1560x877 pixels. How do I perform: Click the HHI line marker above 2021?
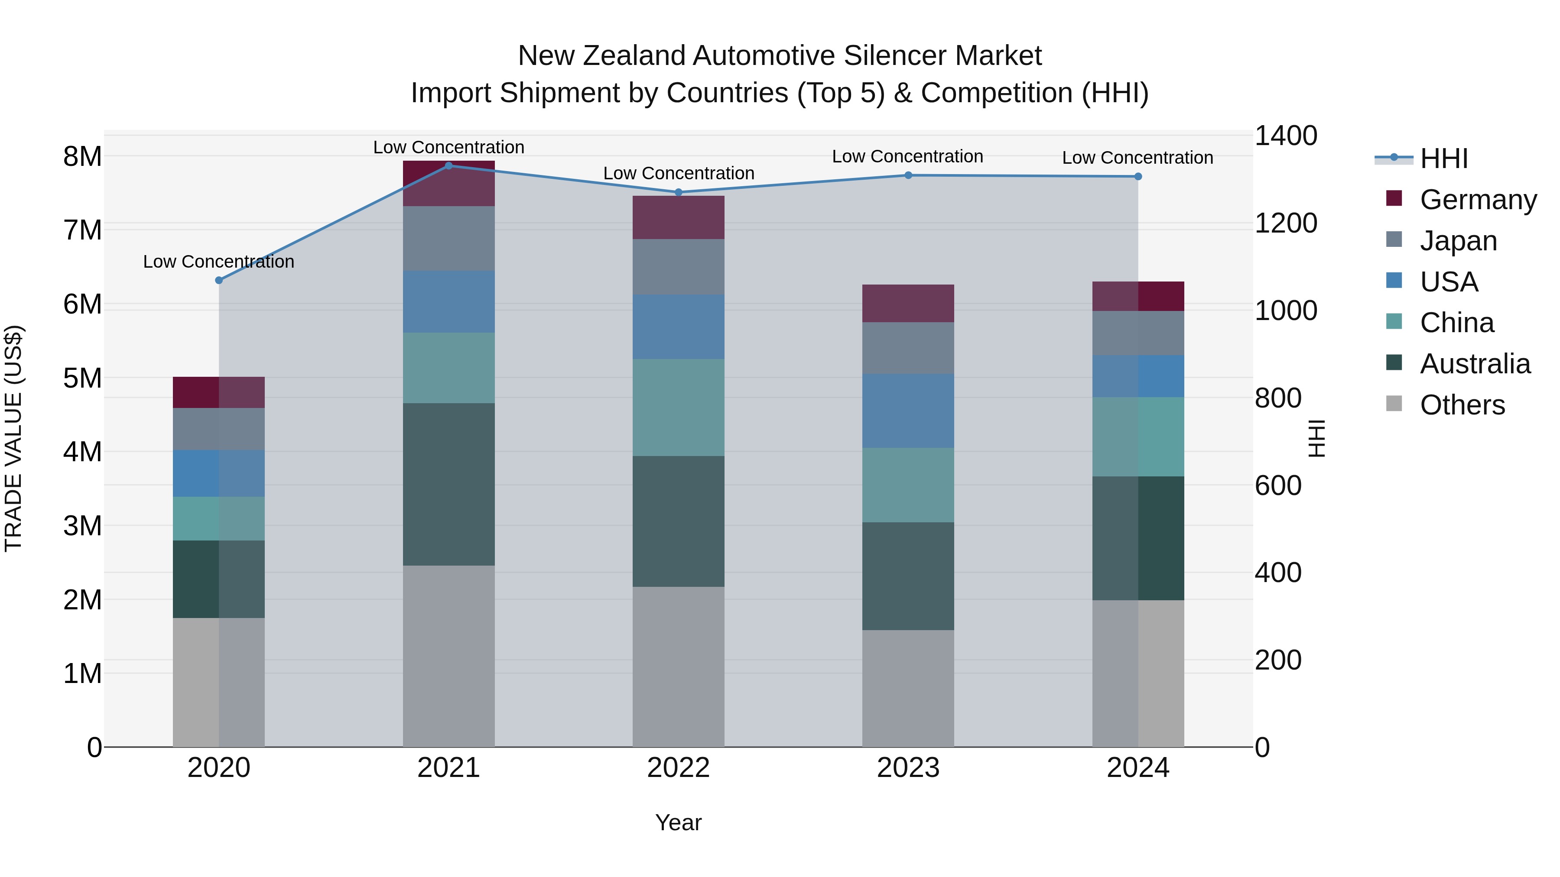[x=449, y=166]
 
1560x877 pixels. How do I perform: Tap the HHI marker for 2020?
[x=219, y=280]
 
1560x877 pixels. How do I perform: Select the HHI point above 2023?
[x=908, y=175]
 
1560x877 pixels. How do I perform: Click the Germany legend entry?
[x=1478, y=200]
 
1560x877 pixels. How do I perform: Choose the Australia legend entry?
[x=1475, y=364]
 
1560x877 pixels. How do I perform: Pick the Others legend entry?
[x=1462, y=405]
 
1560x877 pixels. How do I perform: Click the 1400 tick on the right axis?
[x=1285, y=136]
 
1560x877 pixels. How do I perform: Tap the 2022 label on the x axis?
[x=678, y=768]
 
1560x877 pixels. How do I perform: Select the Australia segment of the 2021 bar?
[x=449, y=484]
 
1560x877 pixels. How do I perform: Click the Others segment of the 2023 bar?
[x=908, y=688]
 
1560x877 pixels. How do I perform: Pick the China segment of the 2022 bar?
[x=678, y=408]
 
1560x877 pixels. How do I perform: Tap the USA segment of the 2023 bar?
[x=908, y=411]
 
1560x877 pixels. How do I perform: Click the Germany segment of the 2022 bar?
[x=678, y=217]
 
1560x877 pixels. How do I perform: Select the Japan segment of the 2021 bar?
[x=449, y=239]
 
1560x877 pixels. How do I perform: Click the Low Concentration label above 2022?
[x=678, y=173]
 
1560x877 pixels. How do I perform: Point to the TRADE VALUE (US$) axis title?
[x=13, y=439]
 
